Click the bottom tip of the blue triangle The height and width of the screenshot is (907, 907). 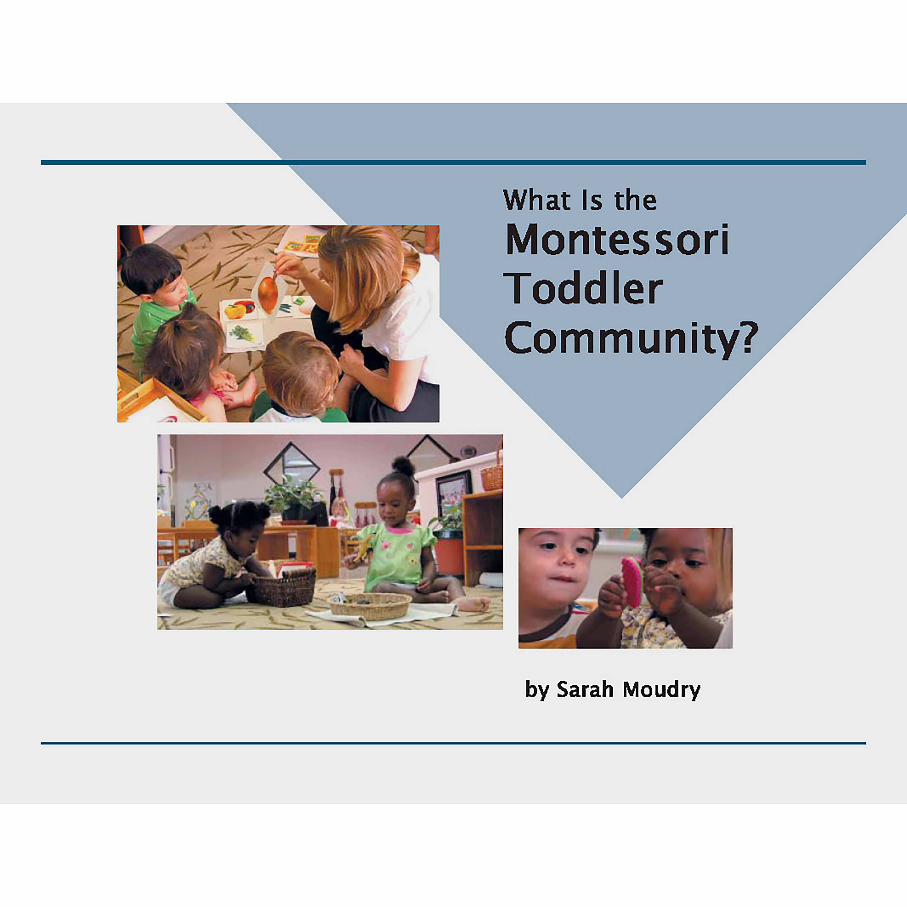(621, 497)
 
